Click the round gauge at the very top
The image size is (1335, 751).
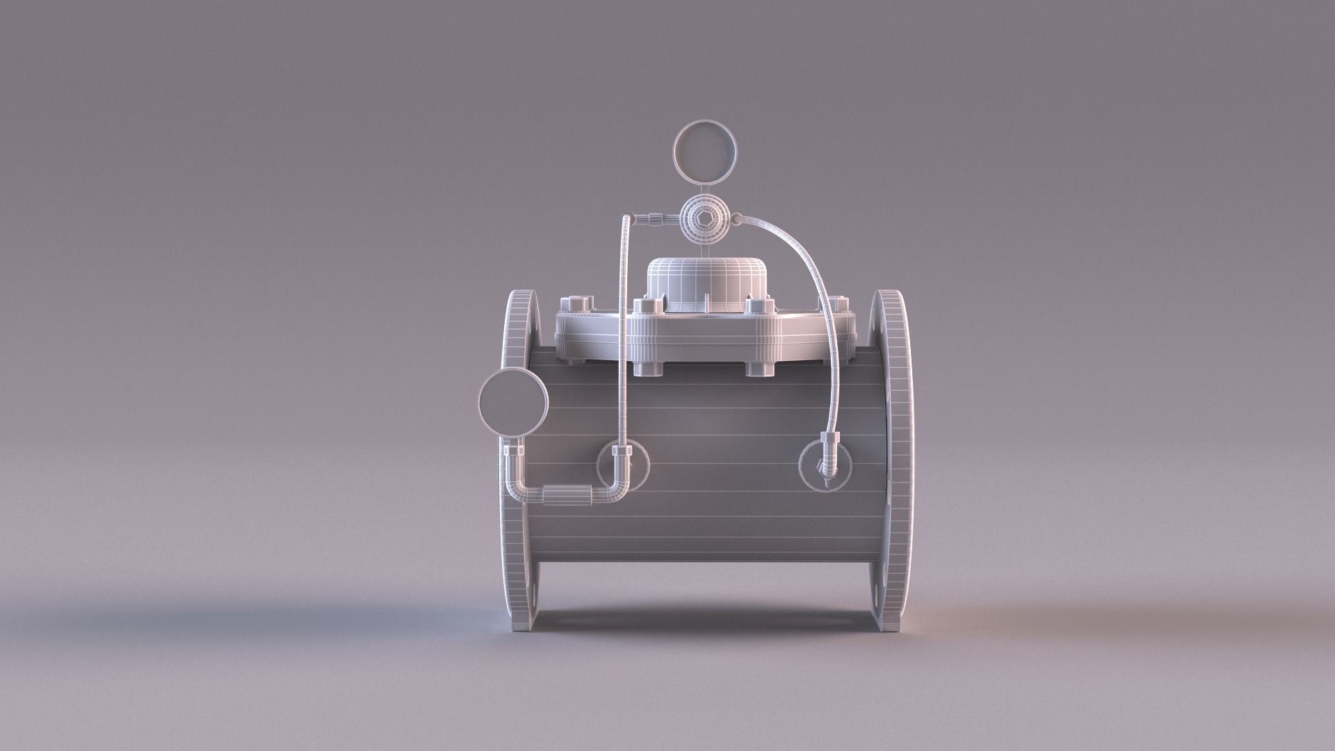click(706, 154)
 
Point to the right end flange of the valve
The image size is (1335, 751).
click(892, 459)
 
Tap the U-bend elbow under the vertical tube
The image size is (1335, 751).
click(615, 480)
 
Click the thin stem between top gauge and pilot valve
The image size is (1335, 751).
click(706, 187)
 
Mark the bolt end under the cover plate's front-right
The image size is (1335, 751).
click(759, 368)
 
